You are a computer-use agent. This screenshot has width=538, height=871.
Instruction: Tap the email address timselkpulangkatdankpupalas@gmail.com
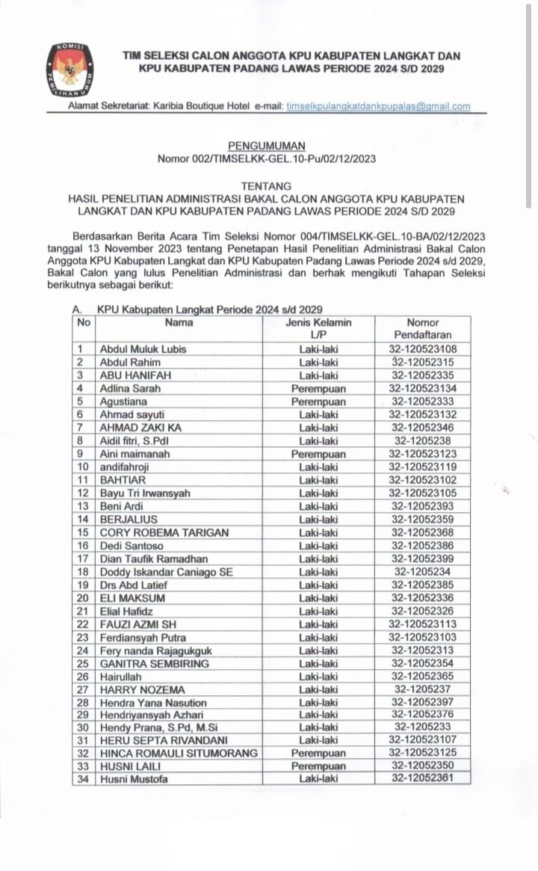coord(378,107)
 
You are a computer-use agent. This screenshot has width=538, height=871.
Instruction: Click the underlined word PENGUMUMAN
coord(267,146)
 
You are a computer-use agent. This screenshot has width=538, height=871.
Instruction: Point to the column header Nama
coord(179,322)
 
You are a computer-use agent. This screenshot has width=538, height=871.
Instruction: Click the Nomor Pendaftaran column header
coord(423,329)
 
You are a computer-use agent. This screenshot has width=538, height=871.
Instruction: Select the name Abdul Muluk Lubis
coord(143,349)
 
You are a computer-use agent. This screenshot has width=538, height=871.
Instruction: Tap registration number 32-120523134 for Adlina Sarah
coord(423,389)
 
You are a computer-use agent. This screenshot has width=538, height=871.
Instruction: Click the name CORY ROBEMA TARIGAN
coord(164,532)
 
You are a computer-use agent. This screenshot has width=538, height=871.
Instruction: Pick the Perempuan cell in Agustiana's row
coord(318,401)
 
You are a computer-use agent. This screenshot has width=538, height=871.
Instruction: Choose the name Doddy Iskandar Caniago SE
coord(163,572)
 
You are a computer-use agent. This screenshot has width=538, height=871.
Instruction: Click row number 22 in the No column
coord(83,624)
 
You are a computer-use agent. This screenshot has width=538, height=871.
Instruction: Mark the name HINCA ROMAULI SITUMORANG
coord(179,753)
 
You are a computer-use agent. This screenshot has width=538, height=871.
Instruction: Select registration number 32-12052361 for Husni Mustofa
coord(423,779)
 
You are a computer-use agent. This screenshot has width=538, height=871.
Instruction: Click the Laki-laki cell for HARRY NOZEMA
coord(318,690)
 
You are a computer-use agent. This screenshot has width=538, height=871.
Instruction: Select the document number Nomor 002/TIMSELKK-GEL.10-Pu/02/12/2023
coord(267,158)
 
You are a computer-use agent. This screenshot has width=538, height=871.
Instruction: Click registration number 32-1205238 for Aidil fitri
coord(423,441)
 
